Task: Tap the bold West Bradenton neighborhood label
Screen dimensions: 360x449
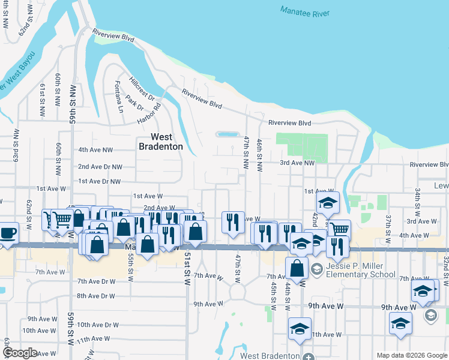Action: pos(161,142)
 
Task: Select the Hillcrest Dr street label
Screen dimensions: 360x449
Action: pos(142,88)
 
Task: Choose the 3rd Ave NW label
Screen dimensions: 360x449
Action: pos(297,163)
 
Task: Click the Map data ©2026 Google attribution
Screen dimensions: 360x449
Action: pos(412,355)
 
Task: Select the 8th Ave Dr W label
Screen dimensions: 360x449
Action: pos(95,296)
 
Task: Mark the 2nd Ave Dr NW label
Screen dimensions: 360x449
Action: pos(100,167)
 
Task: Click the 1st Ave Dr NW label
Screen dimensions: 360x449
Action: pos(100,181)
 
